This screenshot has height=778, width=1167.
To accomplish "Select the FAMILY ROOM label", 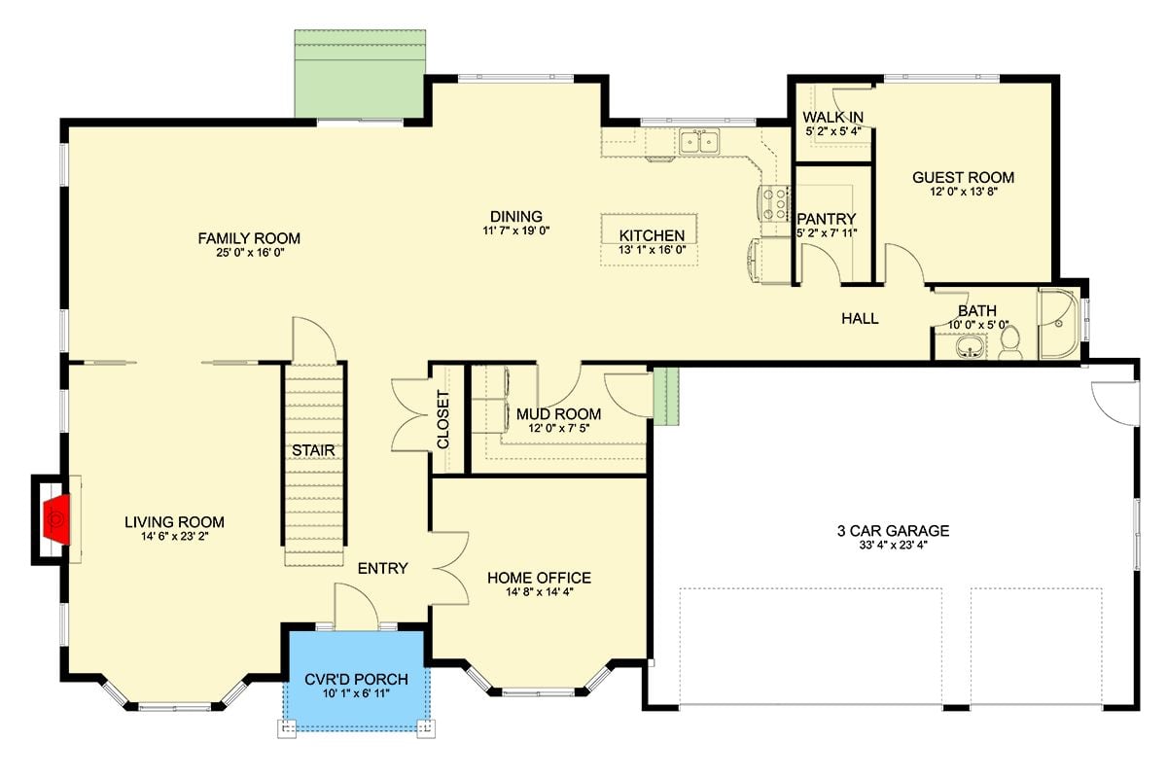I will [249, 238].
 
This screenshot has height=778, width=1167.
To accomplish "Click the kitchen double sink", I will [698, 143].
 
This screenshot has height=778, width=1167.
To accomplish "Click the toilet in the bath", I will [1010, 342].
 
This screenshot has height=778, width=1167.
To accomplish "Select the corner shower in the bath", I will [1059, 323].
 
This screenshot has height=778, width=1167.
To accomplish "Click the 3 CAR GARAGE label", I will [893, 531].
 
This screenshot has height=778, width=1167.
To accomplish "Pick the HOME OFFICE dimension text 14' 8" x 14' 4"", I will [539, 593].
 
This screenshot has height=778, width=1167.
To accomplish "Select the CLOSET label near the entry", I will [444, 420].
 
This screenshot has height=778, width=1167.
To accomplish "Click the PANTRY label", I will [826, 219].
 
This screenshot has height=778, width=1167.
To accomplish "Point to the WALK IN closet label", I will [833, 118].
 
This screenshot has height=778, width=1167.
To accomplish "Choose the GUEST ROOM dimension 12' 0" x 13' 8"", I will [963, 193].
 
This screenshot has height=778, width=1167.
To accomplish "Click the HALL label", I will [860, 318].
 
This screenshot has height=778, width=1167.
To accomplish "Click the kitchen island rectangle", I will [650, 239].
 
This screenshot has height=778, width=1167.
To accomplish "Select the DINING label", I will [515, 216].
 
